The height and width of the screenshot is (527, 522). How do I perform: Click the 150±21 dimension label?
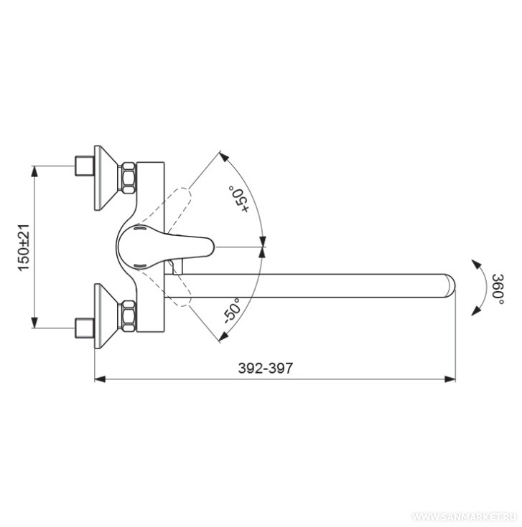24,247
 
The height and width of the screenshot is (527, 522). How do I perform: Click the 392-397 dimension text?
266,368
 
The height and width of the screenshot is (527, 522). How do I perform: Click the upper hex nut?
129,178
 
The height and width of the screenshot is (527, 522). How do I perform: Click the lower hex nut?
129,316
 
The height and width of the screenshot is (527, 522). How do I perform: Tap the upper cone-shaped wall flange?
106,178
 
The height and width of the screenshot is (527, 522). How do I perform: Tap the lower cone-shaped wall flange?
106,316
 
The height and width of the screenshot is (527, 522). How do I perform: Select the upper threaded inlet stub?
84,166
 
